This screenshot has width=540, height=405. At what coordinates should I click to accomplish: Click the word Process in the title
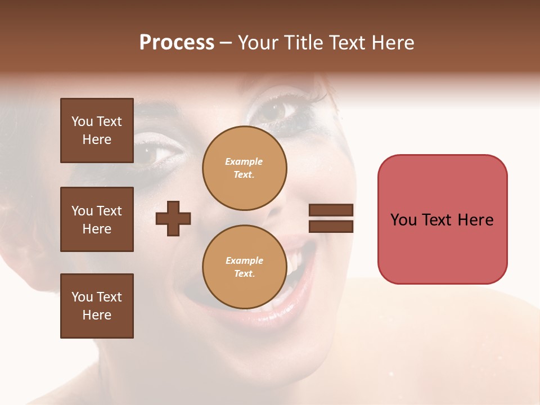[x=177, y=43]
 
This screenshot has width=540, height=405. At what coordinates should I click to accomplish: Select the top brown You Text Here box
[x=97, y=130]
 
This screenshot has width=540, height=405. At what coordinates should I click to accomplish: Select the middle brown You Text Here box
[x=97, y=219]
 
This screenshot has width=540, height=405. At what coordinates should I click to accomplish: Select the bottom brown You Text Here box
[x=97, y=306]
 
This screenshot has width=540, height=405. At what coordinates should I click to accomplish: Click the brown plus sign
[x=173, y=218]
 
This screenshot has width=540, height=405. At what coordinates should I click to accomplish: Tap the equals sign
[x=331, y=218]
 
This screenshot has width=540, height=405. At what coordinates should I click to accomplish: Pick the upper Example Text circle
[x=244, y=168]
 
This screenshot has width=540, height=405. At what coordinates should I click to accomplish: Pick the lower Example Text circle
[x=244, y=267]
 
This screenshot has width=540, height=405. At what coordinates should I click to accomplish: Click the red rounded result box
[x=442, y=219]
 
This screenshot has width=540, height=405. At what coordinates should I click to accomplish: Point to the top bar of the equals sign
[x=331, y=210]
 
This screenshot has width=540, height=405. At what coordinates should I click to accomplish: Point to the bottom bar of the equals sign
[x=331, y=227]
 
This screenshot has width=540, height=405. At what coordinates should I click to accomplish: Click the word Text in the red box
[x=441, y=220]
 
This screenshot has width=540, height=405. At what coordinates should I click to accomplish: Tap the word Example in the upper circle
[x=244, y=162]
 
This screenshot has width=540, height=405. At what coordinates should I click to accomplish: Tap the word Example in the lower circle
[x=244, y=261]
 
